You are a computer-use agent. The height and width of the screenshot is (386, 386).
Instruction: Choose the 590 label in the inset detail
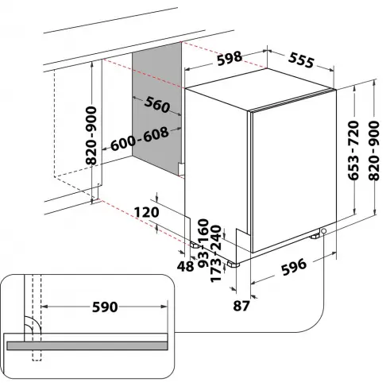pos(104,307)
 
